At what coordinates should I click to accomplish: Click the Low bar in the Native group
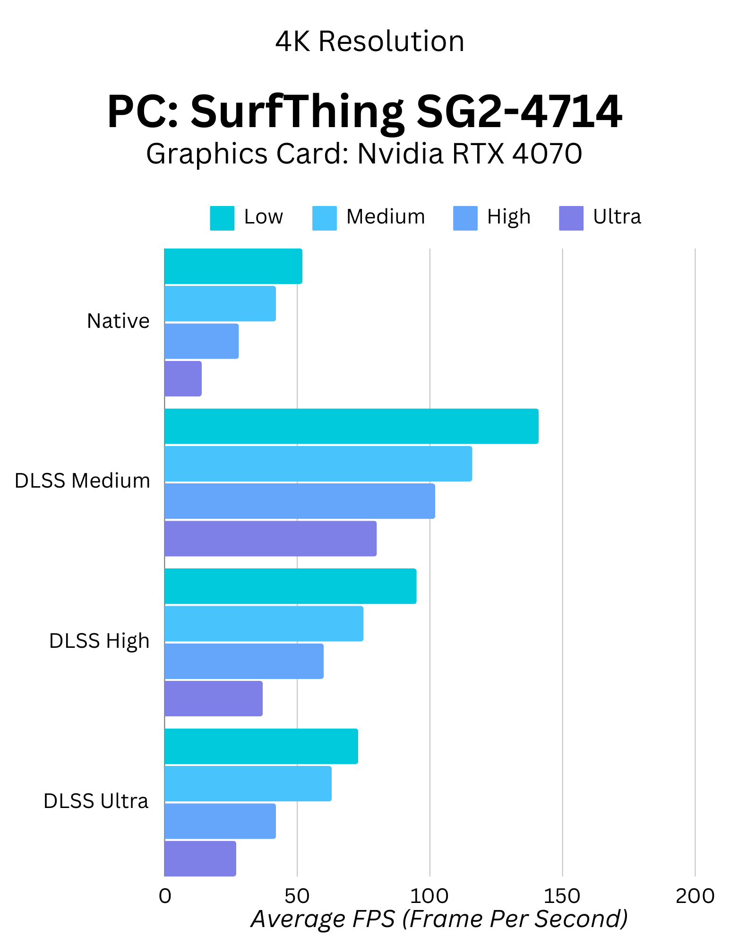tap(233, 266)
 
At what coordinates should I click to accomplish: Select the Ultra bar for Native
tap(183, 378)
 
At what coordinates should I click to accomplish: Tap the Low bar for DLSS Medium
tap(351, 426)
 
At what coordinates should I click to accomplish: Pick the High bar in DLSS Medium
tap(300, 501)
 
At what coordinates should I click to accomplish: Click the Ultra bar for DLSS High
tap(214, 698)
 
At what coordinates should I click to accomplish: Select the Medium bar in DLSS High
tap(264, 624)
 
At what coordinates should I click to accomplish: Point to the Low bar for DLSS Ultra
tap(261, 746)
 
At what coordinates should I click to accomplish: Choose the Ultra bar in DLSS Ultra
tap(200, 859)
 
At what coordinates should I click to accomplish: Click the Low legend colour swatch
tap(222, 218)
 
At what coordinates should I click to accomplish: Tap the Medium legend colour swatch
tap(325, 218)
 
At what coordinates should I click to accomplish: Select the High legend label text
tap(509, 217)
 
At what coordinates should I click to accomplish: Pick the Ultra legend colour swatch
tap(571, 218)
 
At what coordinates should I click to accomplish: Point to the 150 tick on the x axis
tap(562, 896)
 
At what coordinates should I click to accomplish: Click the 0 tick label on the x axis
tap(165, 896)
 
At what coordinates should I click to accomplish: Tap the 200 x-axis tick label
tap(695, 896)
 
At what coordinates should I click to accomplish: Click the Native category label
tap(118, 321)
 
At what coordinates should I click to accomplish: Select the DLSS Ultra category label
tap(96, 801)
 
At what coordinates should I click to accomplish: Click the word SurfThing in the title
tap(297, 112)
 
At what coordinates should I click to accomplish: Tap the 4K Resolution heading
tap(370, 42)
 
